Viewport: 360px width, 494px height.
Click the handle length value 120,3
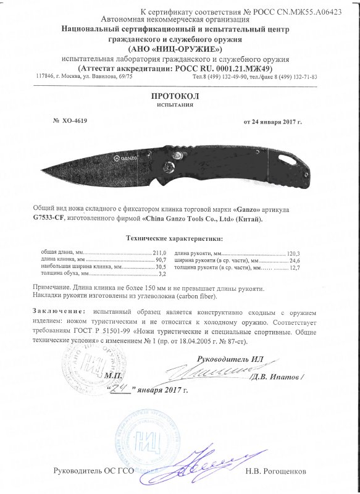coord(293,254)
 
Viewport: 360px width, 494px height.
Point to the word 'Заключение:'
coord(54,306)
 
